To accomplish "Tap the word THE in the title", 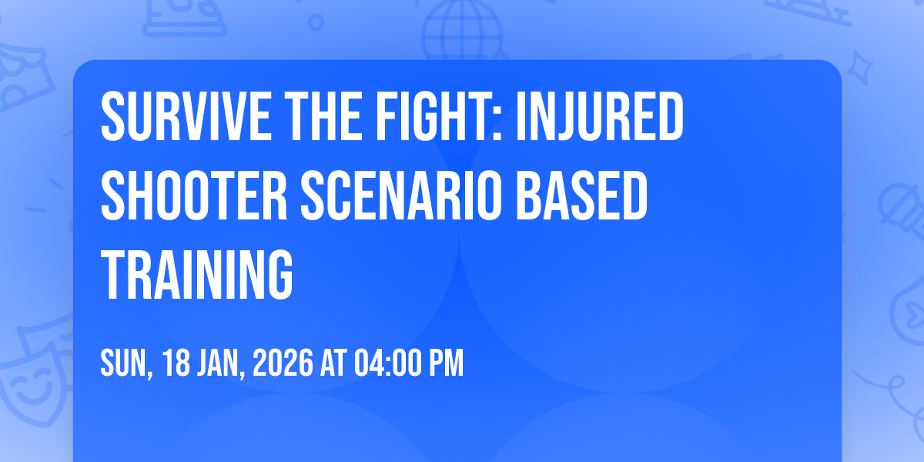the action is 323,117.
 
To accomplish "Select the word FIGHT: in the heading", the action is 438,117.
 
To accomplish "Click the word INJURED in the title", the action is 600,117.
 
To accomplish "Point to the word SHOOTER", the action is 194,196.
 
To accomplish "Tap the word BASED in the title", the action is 582,196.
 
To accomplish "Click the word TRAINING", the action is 197,275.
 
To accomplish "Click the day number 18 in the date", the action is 176,363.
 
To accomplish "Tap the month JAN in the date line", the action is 222,363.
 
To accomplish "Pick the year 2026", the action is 283,363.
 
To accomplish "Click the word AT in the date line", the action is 333,363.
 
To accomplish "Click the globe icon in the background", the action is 462,30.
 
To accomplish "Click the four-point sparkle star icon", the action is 859,68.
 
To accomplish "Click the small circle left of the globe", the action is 316,22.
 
